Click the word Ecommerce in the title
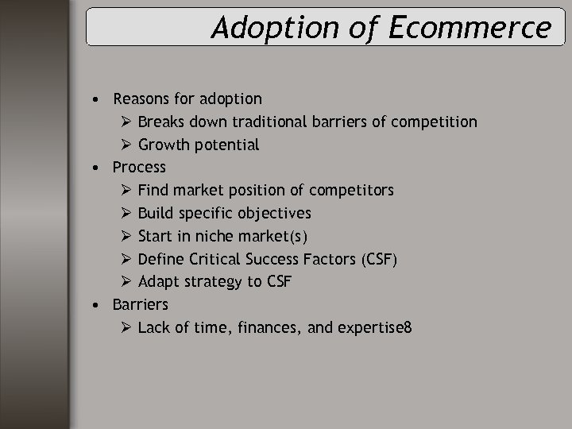click(470, 28)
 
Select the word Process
click(139, 167)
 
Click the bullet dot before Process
click(95, 168)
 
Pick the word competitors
click(351, 191)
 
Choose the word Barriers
click(141, 304)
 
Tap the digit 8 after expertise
click(408, 327)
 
